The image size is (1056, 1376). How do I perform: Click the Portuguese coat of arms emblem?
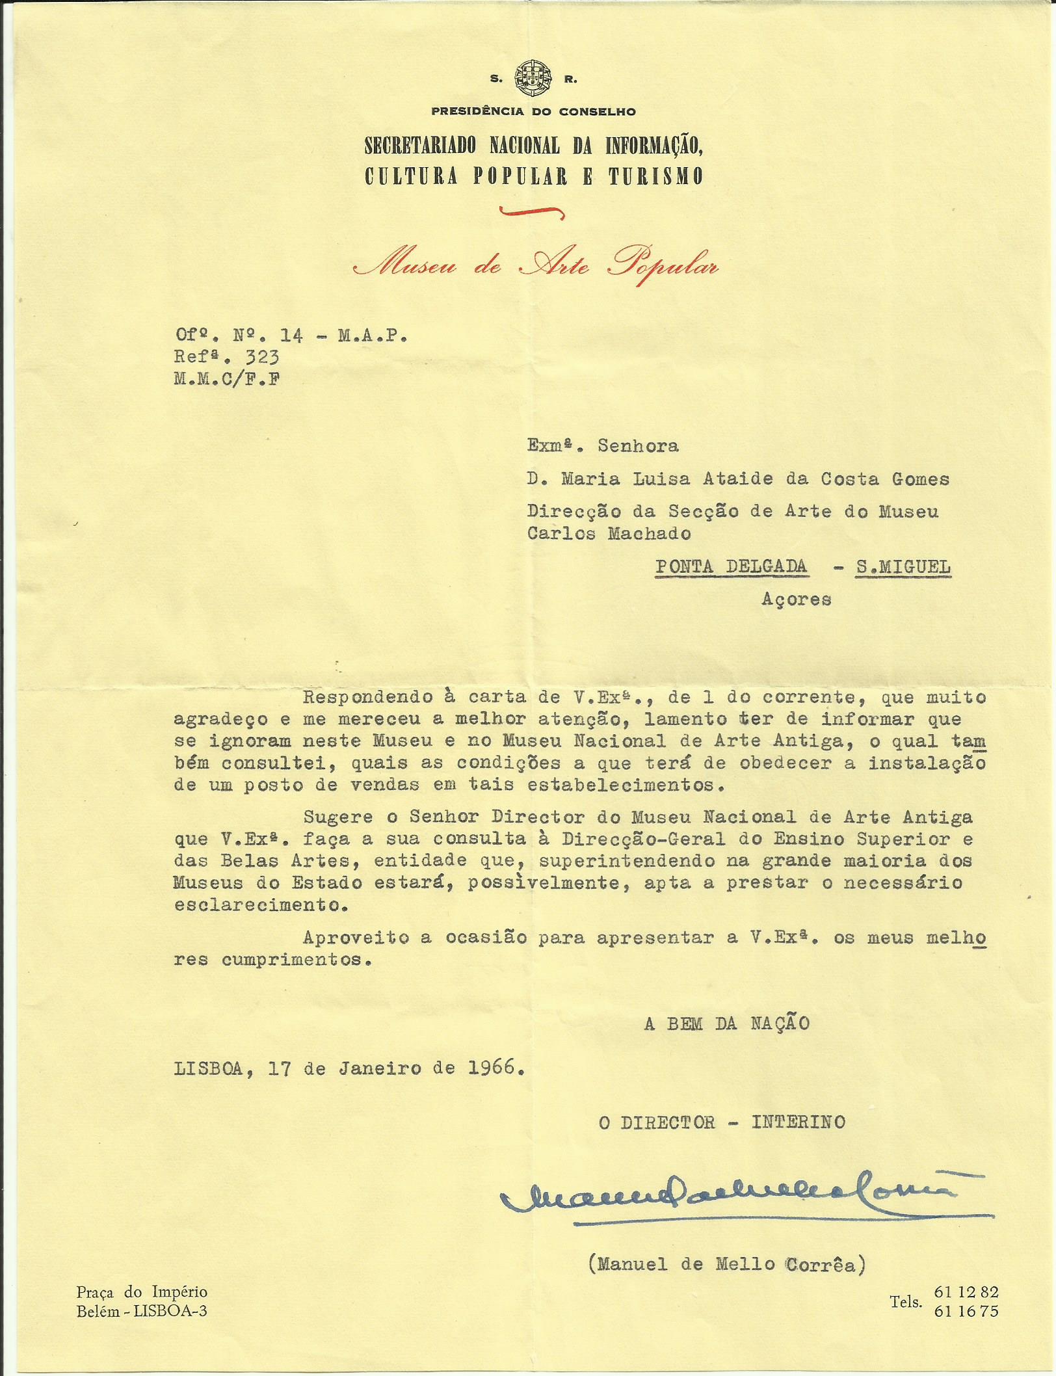[x=533, y=78]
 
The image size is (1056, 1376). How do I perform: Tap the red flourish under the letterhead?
[x=531, y=211]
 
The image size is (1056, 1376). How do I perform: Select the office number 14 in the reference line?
[x=291, y=336]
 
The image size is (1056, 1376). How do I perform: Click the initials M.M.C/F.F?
[x=227, y=379]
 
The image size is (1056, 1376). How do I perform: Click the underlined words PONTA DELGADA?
[x=731, y=566]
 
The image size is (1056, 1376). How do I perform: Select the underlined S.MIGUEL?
[x=903, y=567]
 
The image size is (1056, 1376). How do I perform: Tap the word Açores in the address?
[x=796, y=599]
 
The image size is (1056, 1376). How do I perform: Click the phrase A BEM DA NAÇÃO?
[x=726, y=1024]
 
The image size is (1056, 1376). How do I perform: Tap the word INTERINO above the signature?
[x=798, y=1122]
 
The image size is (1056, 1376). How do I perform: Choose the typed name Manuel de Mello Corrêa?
[x=727, y=1264]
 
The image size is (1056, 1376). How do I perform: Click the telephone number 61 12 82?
[x=965, y=1292]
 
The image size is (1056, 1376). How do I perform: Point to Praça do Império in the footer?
[x=142, y=1292]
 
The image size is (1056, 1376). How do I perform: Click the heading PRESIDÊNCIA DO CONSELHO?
[x=533, y=112]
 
